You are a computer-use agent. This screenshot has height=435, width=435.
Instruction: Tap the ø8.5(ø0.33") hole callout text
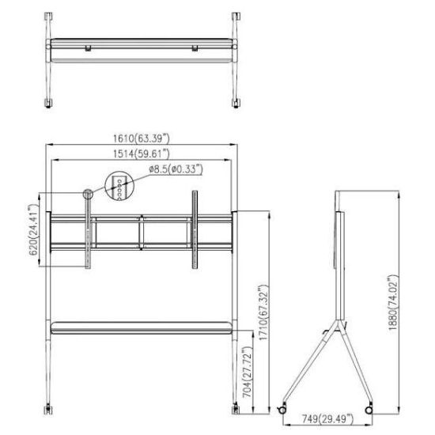click(176, 168)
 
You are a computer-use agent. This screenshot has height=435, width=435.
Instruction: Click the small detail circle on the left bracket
click(87, 194)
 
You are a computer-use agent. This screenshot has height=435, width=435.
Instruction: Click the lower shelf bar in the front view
click(143, 326)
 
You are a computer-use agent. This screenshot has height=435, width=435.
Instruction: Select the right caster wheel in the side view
click(369, 408)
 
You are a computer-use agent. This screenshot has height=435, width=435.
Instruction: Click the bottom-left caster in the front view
click(51, 407)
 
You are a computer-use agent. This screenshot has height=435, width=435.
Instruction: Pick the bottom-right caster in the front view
click(235, 407)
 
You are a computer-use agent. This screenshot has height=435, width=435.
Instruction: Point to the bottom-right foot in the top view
click(235, 103)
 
